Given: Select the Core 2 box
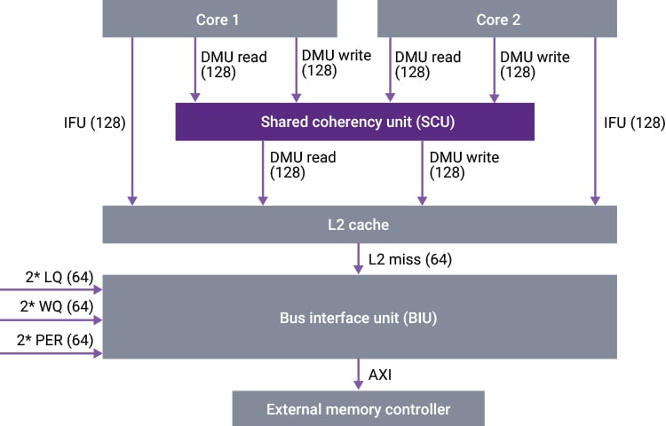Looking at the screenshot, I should coord(497,19).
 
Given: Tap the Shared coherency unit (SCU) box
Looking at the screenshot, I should coord(354,122).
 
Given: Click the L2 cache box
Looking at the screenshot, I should coord(360,225).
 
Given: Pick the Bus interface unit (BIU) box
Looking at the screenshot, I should coord(360,317).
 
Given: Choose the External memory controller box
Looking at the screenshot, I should coord(358,409).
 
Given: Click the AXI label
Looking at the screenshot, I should coord(380,374).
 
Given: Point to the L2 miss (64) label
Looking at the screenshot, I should coord(409,259).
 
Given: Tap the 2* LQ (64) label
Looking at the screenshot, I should coord(59,279).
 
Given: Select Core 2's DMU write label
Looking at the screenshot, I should coord(535,65).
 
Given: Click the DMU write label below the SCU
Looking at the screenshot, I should coord(464,165).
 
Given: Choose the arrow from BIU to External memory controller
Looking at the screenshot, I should coord(359,374).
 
